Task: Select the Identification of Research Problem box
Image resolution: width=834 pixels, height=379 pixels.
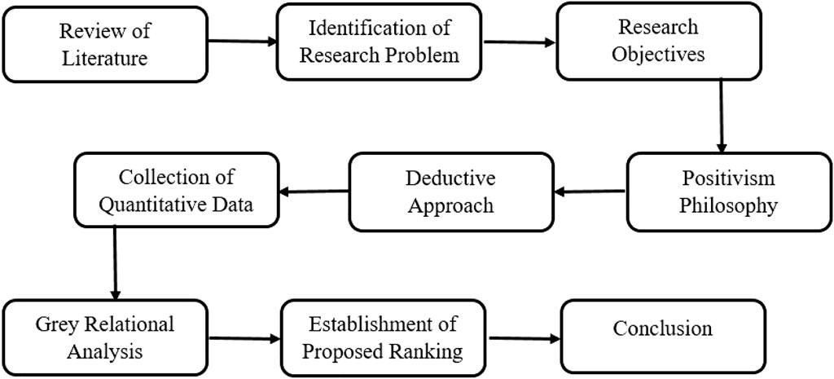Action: (x=378, y=42)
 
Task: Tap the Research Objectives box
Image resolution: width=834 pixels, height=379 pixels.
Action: (x=657, y=42)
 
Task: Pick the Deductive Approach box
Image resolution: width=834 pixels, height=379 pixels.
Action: (x=450, y=192)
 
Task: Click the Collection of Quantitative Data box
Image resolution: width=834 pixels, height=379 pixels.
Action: (x=175, y=191)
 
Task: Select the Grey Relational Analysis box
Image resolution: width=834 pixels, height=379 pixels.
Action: (x=104, y=337)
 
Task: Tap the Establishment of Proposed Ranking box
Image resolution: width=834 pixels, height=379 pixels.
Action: (x=383, y=338)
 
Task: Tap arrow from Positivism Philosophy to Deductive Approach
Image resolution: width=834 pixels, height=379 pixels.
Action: (x=590, y=193)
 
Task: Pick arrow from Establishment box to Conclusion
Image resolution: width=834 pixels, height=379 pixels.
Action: (x=524, y=337)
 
